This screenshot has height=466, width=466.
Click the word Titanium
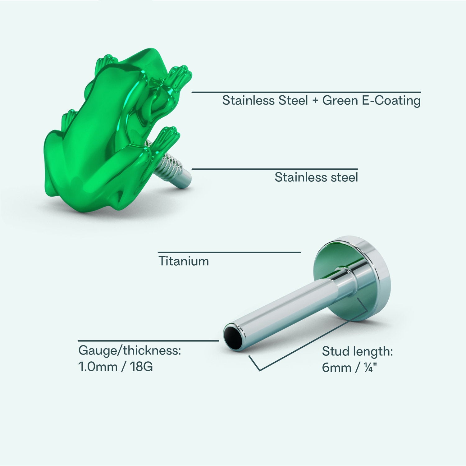(x=184, y=261)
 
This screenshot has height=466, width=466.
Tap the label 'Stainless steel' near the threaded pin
(x=316, y=177)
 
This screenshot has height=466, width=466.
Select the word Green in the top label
(x=340, y=101)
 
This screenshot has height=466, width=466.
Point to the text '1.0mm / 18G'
(x=116, y=367)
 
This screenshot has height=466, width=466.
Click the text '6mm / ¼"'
(x=349, y=368)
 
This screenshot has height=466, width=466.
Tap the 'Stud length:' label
(x=358, y=352)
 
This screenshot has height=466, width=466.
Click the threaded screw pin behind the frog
(x=171, y=168)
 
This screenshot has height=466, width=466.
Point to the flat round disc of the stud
(x=353, y=278)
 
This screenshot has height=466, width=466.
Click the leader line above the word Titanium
(x=229, y=252)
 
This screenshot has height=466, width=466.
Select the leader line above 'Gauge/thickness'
(x=148, y=341)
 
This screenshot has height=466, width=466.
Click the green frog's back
(x=103, y=124)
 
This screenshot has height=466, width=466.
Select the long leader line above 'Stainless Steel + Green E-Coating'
(x=306, y=92)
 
